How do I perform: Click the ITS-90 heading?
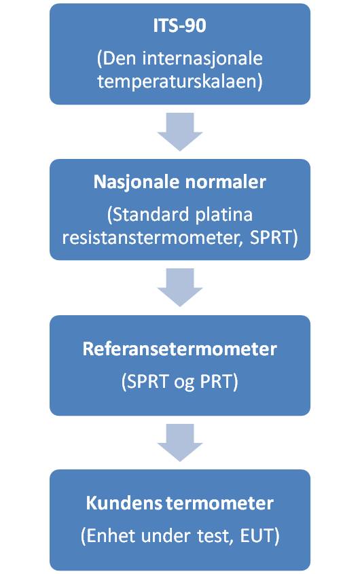(180, 26)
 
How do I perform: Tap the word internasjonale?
(202, 59)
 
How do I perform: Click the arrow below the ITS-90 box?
(180, 131)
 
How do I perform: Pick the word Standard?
(151, 215)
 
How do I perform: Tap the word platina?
(224, 215)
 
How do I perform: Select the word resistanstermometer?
(151, 238)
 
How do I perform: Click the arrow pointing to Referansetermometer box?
(180, 287)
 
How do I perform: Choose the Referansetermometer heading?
(180, 349)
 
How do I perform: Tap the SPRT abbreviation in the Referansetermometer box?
(147, 382)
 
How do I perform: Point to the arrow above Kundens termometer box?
(180, 443)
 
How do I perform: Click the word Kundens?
(124, 503)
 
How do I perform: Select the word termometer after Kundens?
(219, 504)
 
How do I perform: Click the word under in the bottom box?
(166, 536)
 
